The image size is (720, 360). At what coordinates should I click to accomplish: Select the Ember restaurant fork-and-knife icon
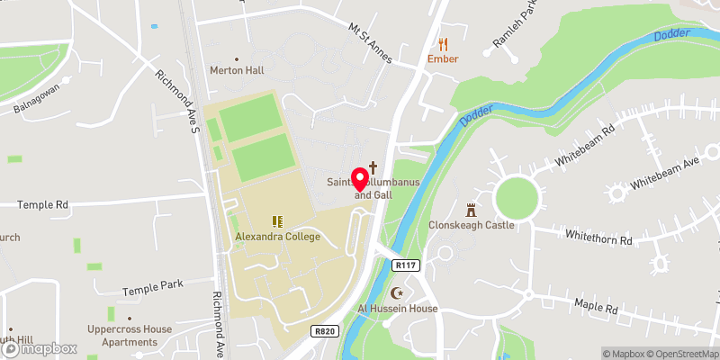click(x=443, y=43)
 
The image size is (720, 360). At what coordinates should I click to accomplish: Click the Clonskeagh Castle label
click(x=472, y=225)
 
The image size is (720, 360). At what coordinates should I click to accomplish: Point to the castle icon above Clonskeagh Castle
click(x=471, y=210)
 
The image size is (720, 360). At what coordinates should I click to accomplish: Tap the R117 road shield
click(x=407, y=265)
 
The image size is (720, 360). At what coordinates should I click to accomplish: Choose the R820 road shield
click(x=326, y=331)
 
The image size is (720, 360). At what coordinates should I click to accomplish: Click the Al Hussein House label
click(x=398, y=309)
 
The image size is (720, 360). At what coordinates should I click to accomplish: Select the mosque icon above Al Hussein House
click(x=397, y=292)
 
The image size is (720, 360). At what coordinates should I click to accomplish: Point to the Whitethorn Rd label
click(x=598, y=237)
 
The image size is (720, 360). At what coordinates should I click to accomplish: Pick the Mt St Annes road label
click(x=371, y=41)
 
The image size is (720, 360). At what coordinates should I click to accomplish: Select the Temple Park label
click(x=153, y=285)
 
